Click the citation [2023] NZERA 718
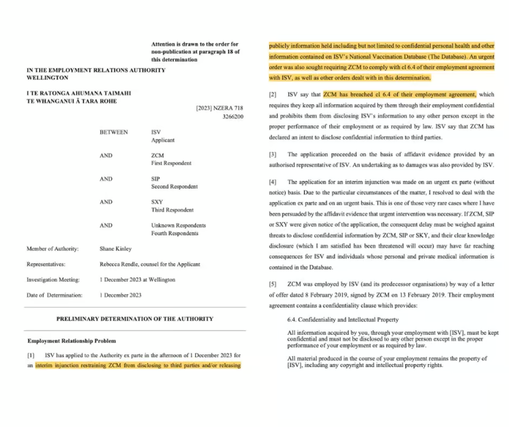point(220,108)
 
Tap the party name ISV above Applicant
point(156,132)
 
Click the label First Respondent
point(171,163)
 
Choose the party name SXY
point(157,202)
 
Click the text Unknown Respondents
point(178,225)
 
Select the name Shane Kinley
point(116,249)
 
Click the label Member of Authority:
point(53,249)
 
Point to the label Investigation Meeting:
point(53,280)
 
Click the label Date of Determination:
point(54,295)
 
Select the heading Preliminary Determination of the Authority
point(135,319)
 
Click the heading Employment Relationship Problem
point(71,341)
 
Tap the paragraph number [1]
point(31,356)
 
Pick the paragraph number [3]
point(273,154)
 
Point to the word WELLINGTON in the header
point(47,78)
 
